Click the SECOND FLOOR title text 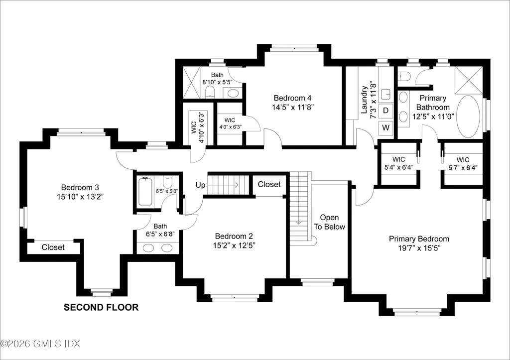pos(101,307)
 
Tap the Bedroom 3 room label pos(80,187)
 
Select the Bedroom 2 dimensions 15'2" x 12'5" pos(236,245)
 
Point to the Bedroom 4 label pos(293,98)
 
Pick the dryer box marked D pos(386,110)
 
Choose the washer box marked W pos(386,127)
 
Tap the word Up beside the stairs pos(200,185)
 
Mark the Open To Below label pos(329,222)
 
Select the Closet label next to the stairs pos(269,184)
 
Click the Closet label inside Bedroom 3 pos(53,247)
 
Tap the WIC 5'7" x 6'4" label pos(463,163)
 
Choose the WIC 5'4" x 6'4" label pos(399,163)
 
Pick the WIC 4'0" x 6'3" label pos(230,123)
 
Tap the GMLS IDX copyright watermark pos(40,344)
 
